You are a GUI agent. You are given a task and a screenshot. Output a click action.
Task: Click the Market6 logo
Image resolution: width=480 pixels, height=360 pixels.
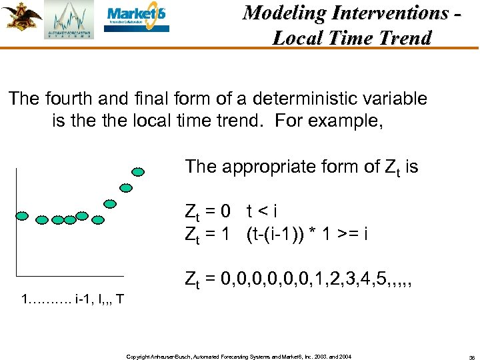point(137,19)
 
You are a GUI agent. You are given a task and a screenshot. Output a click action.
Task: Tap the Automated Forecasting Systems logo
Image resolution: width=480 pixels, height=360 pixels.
point(69,21)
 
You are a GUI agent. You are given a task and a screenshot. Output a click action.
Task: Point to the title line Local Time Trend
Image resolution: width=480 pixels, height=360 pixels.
point(351,37)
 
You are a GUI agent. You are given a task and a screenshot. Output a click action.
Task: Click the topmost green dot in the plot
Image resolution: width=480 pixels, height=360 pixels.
point(138,171)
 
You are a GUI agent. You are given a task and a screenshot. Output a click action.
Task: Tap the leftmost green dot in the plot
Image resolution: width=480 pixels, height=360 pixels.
point(21,215)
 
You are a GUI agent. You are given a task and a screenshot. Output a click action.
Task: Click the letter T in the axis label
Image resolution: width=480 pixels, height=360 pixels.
point(119,298)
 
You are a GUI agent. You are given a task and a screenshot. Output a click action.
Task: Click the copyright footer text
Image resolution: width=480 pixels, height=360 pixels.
point(238,349)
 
